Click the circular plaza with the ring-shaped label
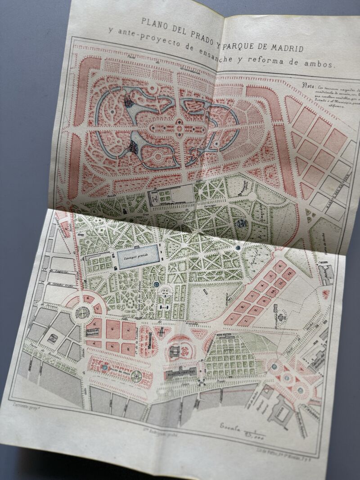tap(82, 311)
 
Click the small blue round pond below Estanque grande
tap(156, 284)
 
